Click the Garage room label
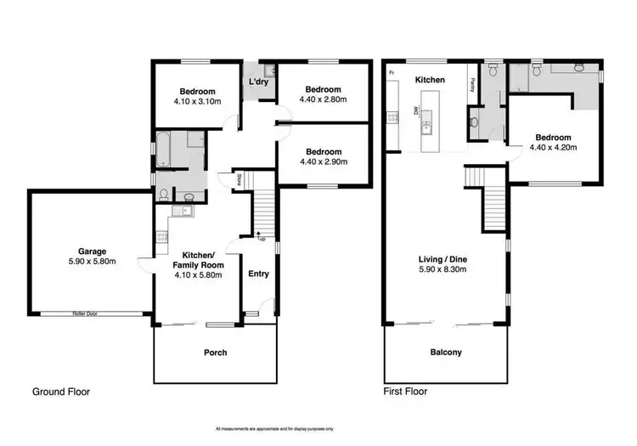tap(93, 251)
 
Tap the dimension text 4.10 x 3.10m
tap(196, 102)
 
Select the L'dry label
tap(259, 82)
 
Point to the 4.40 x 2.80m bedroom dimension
tap(323, 99)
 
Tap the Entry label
tap(258, 274)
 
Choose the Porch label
tap(216, 352)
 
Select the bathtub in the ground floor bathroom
tap(163, 150)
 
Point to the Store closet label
tap(239, 179)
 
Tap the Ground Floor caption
tap(60, 392)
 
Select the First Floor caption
tap(405, 392)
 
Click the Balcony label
tap(445, 352)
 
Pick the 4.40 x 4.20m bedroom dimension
tap(553, 147)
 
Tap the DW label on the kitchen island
tap(415, 110)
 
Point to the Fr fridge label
tap(392, 74)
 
